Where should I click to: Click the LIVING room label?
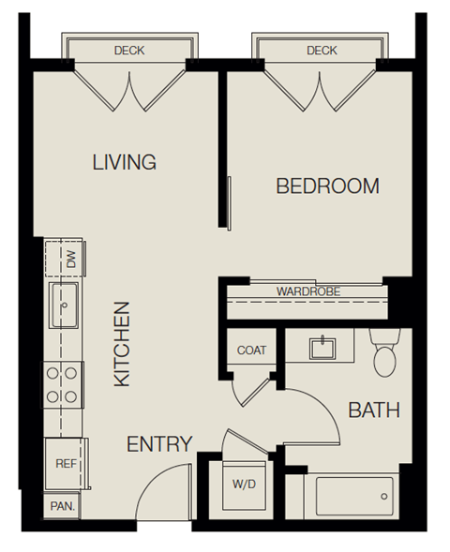124,162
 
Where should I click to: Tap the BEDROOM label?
327,186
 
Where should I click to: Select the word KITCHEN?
122,344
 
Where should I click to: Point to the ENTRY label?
159,444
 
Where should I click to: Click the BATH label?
374,410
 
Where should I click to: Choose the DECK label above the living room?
128,51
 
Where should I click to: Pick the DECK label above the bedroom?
321,51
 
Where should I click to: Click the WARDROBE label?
307,291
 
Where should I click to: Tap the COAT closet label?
251,351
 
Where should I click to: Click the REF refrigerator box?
66,464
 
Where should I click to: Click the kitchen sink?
66,306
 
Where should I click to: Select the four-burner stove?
64,384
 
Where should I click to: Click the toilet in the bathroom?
385,353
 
